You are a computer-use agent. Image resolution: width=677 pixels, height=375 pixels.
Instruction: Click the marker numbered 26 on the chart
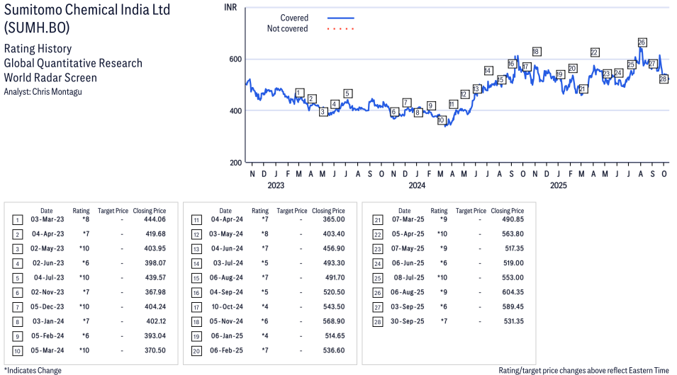[642, 42]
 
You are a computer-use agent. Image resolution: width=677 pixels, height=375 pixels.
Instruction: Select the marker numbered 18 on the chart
[537, 52]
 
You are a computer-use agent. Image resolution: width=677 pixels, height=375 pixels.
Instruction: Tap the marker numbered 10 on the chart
[441, 120]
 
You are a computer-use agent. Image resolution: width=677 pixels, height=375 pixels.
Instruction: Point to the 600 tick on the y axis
[234, 59]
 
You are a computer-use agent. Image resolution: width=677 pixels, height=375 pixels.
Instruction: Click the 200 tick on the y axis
[234, 163]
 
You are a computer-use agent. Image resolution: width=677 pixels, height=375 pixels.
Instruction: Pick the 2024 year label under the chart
[417, 186]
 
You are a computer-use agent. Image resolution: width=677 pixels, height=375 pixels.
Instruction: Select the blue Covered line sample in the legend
[340, 18]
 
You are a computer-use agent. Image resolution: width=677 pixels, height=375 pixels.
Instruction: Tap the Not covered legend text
[287, 29]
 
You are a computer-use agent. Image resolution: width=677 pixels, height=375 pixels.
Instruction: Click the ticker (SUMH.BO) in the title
[37, 28]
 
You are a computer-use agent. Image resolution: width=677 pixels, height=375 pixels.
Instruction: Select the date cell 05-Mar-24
[47, 351]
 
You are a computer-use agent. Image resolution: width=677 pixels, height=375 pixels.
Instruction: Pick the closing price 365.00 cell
[332, 219]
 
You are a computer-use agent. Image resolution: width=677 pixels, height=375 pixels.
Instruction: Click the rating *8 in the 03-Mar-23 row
[85, 219]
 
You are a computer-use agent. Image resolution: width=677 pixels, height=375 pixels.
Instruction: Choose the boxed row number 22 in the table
[377, 234]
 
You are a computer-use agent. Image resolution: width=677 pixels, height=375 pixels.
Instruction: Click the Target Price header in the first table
[113, 211]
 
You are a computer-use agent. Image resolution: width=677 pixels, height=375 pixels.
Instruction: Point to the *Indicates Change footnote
[33, 370]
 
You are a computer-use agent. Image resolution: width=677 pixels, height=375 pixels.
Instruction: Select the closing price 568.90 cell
[332, 321]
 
